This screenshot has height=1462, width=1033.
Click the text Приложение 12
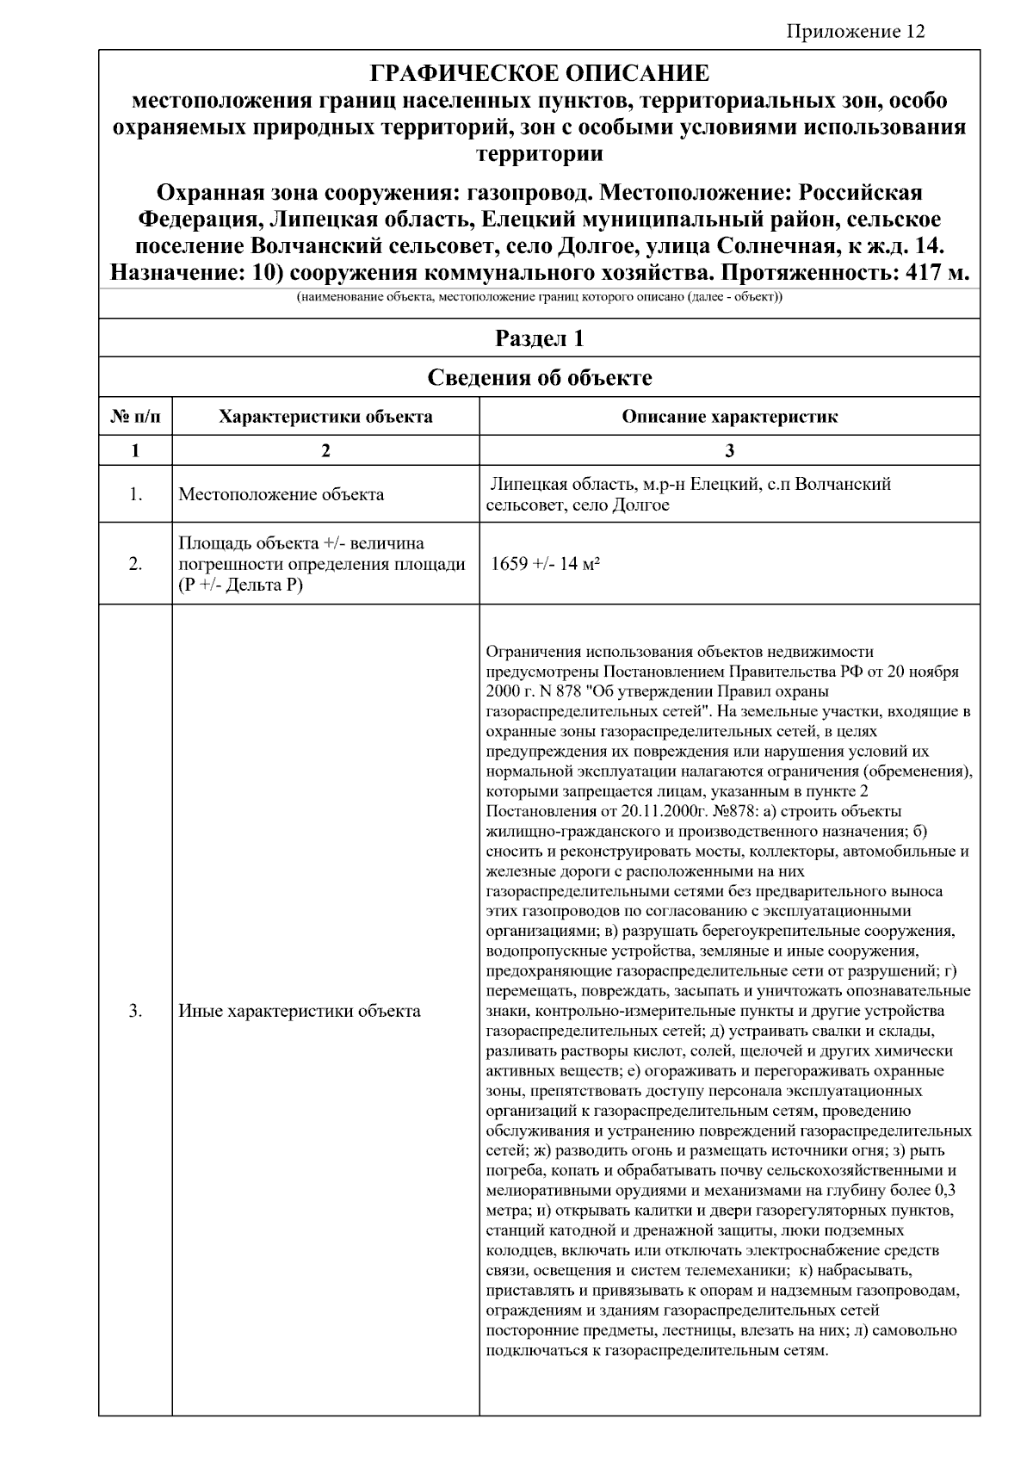pos(856,32)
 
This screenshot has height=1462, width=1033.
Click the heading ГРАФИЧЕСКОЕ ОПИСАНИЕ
pos(539,73)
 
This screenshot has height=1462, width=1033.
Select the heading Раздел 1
pos(539,338)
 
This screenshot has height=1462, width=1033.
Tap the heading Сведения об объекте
pos(539,378)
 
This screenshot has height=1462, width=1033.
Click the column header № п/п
pos(135,417)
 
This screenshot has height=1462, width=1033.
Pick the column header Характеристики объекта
pos(325,417)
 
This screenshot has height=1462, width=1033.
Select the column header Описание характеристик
pos(729,417)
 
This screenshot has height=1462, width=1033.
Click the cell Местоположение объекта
pos(281,495)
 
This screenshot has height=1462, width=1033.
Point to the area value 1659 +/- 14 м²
pos(545,565)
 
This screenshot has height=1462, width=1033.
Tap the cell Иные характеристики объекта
pos(300,1011)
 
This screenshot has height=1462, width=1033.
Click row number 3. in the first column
pos(135,1011)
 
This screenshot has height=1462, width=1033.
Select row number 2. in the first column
pos(135,565)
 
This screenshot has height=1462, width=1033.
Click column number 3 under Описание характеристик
pos(729,450)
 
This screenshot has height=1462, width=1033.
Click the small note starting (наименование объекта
pos(539,298)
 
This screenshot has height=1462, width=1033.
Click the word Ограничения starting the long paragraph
pos(535,652)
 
